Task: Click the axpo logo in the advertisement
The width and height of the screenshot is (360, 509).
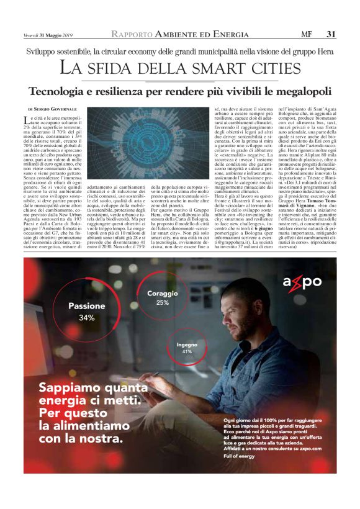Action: click(x=302, y=282)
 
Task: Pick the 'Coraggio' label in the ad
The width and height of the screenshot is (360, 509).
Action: click(x=163, y=293)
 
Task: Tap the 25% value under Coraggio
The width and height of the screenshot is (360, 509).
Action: click(x=163, y=303)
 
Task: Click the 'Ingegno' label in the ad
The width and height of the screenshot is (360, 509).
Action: click(x=187, y=344)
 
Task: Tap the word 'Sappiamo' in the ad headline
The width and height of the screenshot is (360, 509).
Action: click(x=65, y=387)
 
